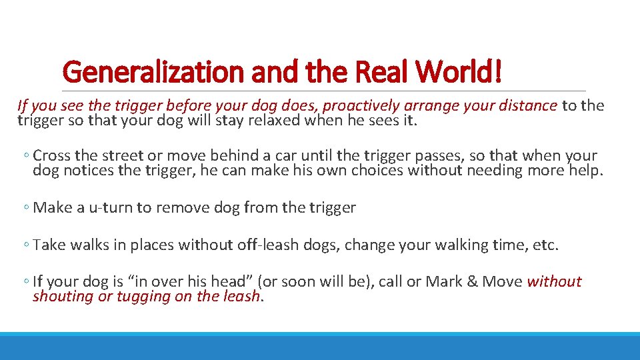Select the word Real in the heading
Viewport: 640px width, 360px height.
[x=381, y=72]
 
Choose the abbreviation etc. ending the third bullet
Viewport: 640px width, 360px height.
[x=545, y=245]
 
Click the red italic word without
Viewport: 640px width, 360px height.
[x=554, y=282]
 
